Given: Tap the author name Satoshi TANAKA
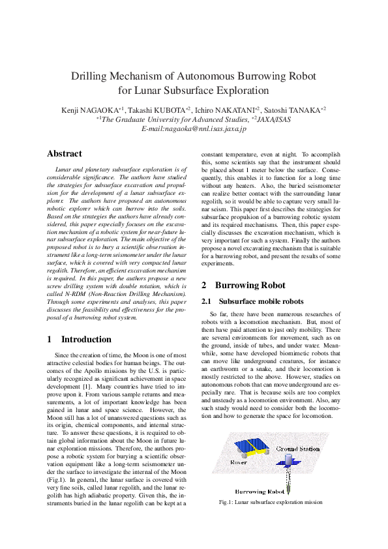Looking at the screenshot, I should [x=293, y=110].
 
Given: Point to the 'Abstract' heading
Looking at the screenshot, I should [x=65, y=154].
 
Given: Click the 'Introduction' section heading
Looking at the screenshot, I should [x=86, y=339].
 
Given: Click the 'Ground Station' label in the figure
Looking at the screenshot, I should [x=297, y=449].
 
